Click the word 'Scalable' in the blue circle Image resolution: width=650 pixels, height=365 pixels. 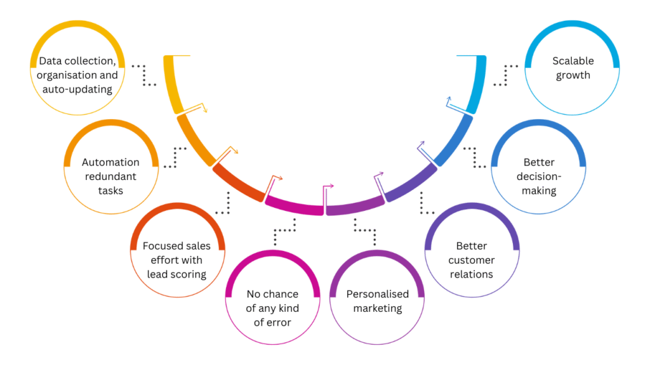point(573,61)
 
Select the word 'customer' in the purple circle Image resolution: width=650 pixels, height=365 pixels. point(471,260)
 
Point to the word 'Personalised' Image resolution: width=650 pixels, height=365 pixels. point(378,294)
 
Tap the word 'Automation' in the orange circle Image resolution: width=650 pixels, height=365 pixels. point(110,162)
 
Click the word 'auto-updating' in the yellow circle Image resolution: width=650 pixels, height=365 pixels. point(77,89)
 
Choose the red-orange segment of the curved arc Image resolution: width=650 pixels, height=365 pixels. point(236,182)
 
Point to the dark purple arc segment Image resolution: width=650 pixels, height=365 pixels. point(411,184)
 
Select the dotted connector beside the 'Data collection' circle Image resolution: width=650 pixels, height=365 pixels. point(145,74)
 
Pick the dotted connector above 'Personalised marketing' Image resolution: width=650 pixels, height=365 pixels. point(365,231)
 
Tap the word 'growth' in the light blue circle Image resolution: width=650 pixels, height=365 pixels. point(573,75)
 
